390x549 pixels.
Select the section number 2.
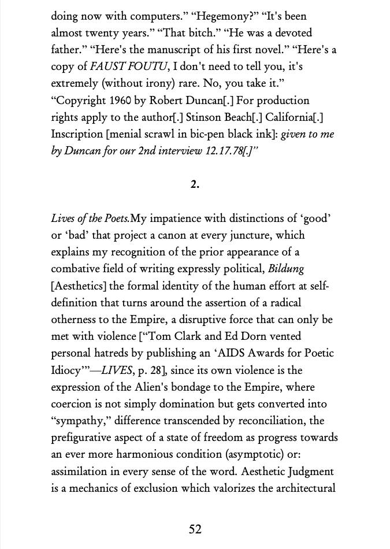[195, 184]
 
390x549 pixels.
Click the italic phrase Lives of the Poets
[90, 218]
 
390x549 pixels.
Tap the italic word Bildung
[285, 269]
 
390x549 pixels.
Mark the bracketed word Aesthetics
[80, 285]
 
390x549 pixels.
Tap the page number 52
[195, 529]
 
